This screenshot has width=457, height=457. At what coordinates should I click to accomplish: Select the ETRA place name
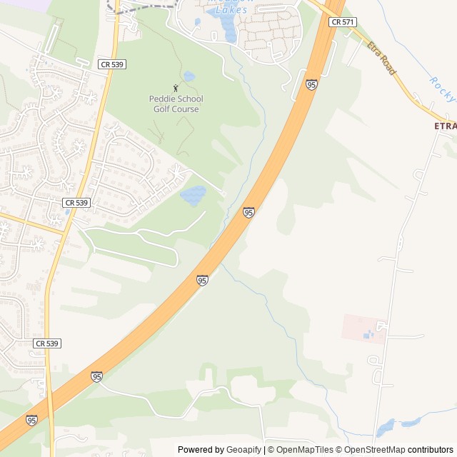(444, 126)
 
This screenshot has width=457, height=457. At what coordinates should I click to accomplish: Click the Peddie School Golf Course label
(176, 104)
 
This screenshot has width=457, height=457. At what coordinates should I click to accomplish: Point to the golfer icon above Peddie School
(176, 88)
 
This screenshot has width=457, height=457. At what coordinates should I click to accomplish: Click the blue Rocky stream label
(442, 88)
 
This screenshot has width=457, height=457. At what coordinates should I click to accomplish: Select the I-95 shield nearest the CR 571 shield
(311, 85)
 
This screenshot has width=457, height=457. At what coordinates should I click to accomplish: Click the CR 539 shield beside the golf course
(113, 64)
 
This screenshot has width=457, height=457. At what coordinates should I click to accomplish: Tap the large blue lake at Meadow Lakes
(228, 29)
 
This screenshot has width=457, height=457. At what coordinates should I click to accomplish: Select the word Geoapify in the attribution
(243, 450)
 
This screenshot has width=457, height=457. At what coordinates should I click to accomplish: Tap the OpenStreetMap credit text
(374, 450)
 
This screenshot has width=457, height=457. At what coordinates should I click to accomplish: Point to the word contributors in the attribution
(431, 450)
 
